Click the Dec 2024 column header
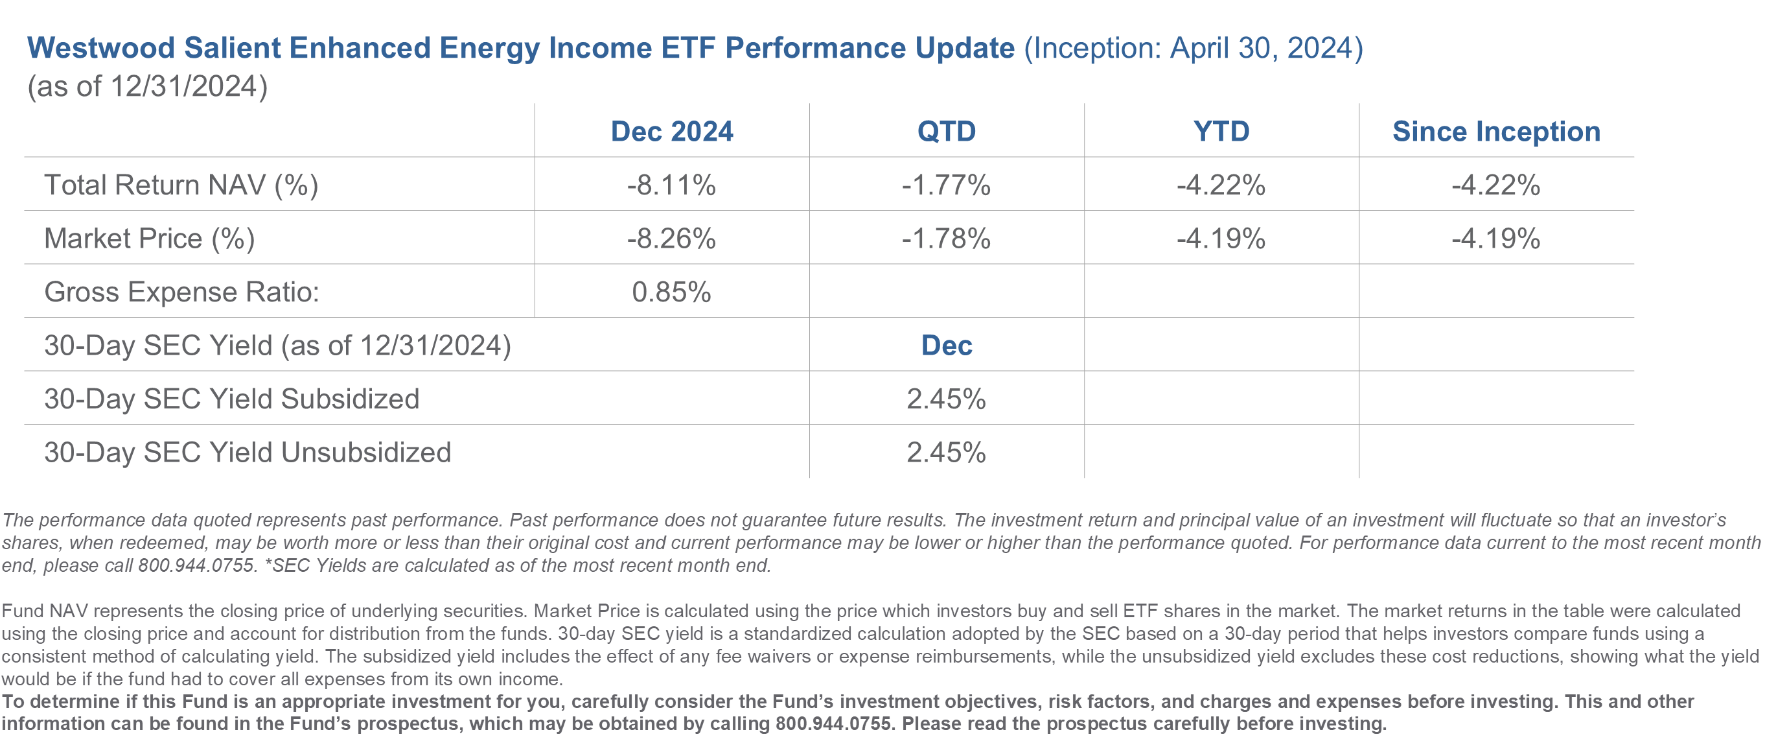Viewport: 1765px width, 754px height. (671, 131)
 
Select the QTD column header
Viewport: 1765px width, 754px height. (946, 131)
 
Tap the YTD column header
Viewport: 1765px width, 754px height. (1221, 131)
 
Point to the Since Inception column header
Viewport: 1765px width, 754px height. (1496, 131)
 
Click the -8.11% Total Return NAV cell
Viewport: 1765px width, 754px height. (671, 185)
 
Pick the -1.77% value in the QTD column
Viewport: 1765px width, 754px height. (946, 185)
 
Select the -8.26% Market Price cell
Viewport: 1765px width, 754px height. (671, 239)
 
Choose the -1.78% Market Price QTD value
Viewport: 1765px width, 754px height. (946, 239)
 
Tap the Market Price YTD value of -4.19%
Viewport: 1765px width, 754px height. (1221, 239)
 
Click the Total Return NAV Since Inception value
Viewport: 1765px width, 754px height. (1495, 185)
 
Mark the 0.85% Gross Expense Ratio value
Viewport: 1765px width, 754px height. (671, 292)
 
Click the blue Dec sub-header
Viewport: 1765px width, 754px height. (946, 346)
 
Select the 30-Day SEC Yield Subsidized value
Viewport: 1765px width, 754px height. (946, 399)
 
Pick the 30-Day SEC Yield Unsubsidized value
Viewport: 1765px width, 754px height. (946, 453)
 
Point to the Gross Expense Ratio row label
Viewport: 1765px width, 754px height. (181, 292)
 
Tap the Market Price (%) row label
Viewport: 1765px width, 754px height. (150, 239)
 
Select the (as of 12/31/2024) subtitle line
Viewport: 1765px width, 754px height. (147, 87)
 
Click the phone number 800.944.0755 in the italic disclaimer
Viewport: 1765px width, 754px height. (196, 565)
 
